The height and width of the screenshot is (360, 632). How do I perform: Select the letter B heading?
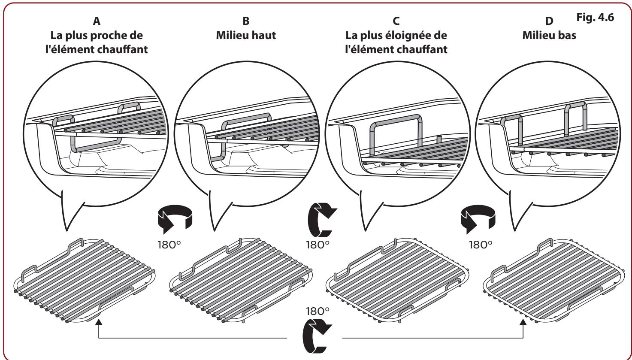pos(246,20)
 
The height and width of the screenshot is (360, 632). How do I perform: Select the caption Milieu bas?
pos(549,36)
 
